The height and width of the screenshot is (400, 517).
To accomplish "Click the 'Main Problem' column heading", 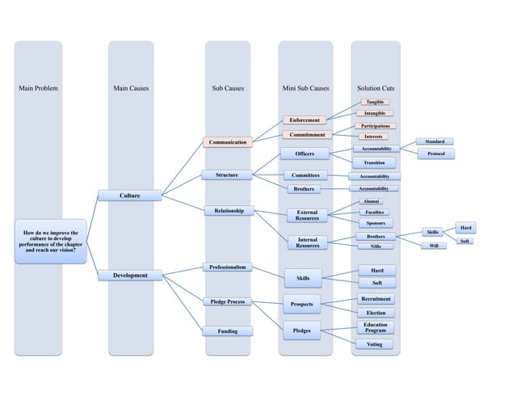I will tap(38, 88).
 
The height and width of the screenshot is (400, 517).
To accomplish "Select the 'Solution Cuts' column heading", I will tap(376, 88).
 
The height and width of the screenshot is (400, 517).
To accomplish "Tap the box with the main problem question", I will tap(50, 241).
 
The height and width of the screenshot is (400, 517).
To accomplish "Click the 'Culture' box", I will tap(129, 196).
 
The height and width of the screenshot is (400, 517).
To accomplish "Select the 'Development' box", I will tap(130, 276).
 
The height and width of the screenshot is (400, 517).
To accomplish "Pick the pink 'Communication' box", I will tap(227, 142).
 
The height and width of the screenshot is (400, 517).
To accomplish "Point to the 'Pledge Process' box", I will tap(227, 301).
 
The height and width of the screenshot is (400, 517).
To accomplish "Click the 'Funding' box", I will tap(227, 331).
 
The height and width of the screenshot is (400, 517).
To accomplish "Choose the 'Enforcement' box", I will tap(305, 120).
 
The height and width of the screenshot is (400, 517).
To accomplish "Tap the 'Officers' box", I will tap(305, 154).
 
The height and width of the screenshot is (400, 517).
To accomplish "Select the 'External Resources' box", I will tap(307, 215).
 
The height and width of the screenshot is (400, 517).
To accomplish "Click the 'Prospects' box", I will tap(302, 305).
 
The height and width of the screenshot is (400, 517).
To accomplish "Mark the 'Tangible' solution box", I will tap(375, 103).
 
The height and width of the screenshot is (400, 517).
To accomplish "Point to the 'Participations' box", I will tap(375, 126).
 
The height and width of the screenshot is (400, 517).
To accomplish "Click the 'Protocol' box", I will tap(435, 154).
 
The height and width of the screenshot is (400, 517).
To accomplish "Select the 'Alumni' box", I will tap(371, 201).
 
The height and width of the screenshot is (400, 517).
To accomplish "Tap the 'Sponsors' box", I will tap(375, 223).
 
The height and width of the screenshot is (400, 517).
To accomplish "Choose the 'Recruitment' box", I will tap(376, 299).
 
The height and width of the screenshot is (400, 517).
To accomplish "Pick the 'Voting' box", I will tap(375, 344).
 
